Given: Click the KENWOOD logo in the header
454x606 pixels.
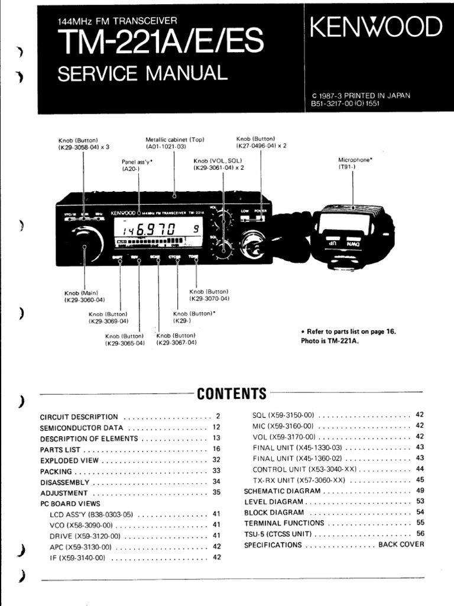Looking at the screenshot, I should click(x=376, y=27).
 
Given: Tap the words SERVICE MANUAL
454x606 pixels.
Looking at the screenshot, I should click(x=142, y=73).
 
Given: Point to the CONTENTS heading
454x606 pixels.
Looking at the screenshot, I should click(x=232, y=394).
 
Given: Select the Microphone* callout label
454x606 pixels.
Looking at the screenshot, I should click(x=355, y=160).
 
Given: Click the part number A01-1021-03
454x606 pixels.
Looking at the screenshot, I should click(x=166, y=146).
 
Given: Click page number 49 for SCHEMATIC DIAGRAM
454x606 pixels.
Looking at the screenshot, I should click(x=420, y=491).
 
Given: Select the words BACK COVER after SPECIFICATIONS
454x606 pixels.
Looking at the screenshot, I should click(x=401, y=544).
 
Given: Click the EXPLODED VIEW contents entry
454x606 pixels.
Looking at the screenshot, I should click(x=70, y=460).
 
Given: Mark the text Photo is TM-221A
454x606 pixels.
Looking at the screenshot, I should click(x=330, y=340).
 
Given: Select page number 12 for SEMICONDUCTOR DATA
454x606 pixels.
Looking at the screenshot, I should click(x=216, y=427).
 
